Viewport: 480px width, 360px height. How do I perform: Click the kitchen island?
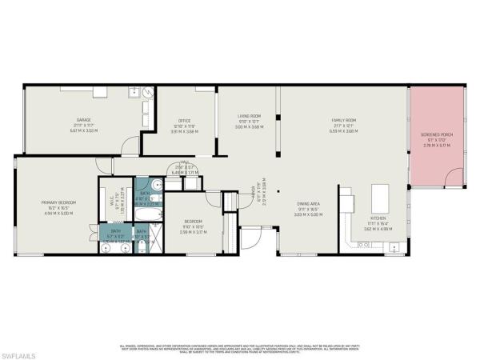pyautogui.click(x=378, y=195)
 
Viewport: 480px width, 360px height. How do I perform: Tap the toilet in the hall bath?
pyautogui.click(x=158, y=185)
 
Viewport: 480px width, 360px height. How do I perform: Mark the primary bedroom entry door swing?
pyautogui.click(x=104, y=166)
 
